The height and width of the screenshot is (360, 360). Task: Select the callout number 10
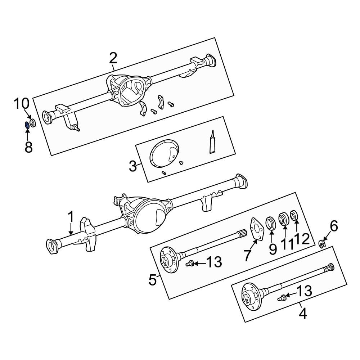click(x=21, y=104)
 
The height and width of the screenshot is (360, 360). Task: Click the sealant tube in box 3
click(x=213, y=143)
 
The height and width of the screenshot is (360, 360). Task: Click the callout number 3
click(x=133, y=167)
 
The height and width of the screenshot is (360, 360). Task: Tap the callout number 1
click(x=71, y=217)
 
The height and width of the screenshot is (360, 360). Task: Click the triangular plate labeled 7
click(x=257, y=229)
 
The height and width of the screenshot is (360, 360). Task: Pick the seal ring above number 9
click(x=271, y=223)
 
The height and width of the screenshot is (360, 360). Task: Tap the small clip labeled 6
click(x=322, y=244)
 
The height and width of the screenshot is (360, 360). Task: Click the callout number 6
click(x=334, y=226)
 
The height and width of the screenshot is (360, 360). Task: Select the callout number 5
click(x=153, y=280)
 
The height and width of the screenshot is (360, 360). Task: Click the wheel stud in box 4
click(x=282, y=297)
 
